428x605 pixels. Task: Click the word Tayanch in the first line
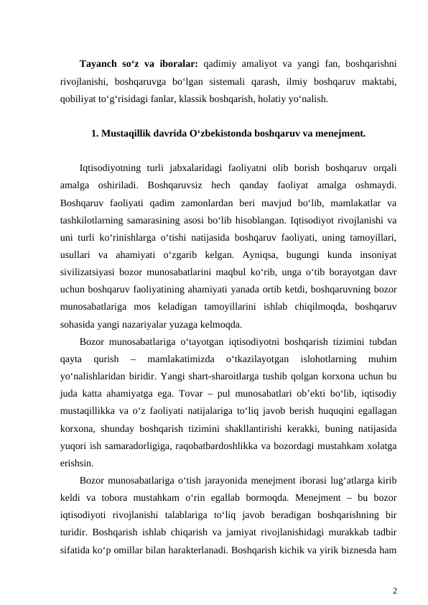click(100, 61)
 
